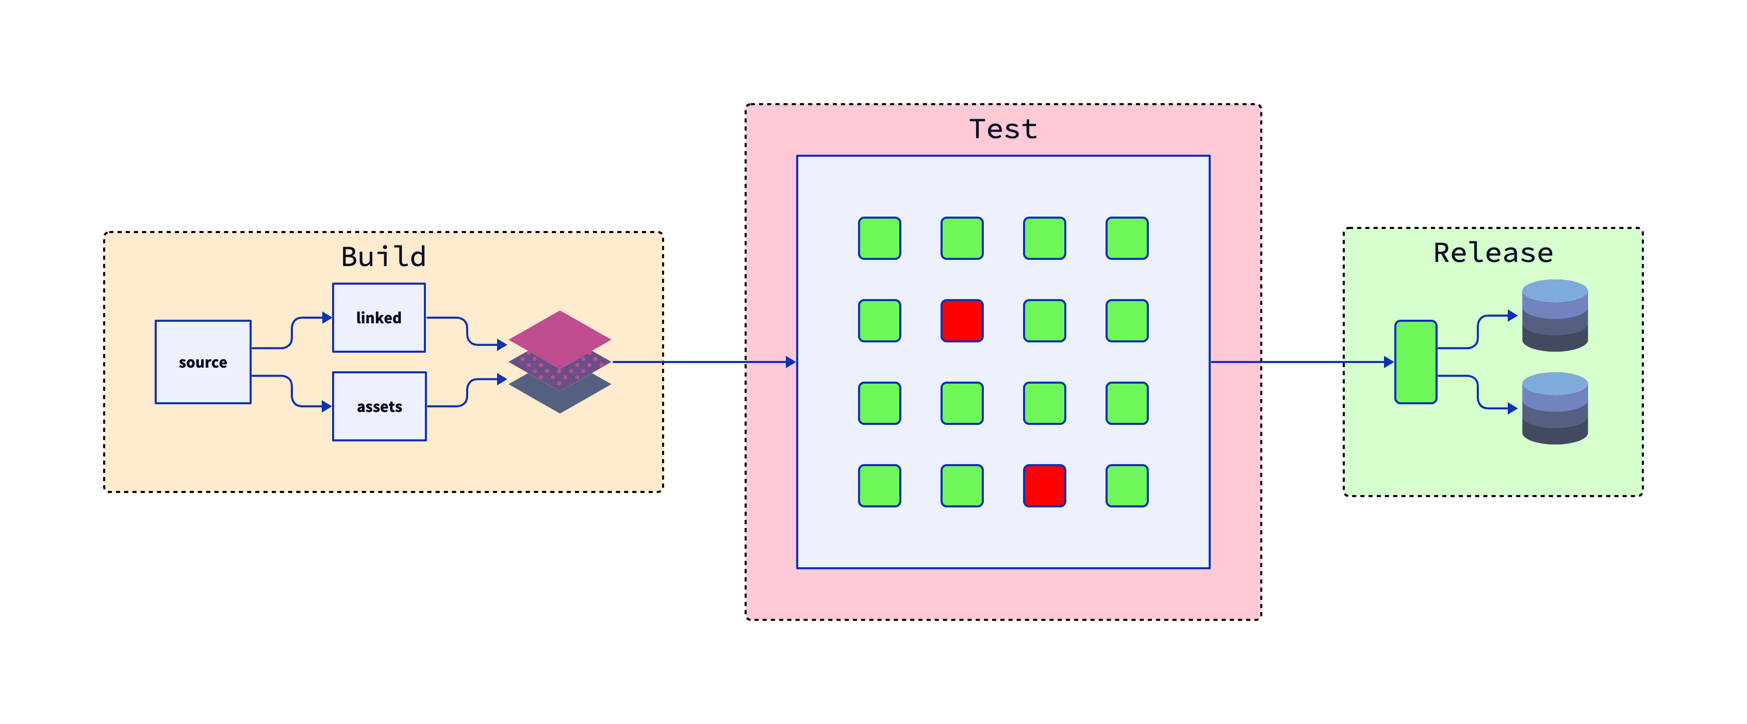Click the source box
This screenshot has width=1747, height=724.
203,362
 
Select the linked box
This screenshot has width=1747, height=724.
378,317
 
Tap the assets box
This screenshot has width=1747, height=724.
379,406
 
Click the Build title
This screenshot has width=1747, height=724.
383,257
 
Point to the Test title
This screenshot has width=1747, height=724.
1003,129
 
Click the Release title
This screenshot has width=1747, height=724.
1493,253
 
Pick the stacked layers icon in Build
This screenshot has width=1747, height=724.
559,362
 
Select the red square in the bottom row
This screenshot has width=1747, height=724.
1044,485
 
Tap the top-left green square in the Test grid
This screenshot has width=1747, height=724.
880,238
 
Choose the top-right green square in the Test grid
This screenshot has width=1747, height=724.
1127,238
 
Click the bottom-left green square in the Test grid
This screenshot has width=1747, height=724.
880,485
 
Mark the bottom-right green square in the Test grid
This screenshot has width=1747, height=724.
1127,485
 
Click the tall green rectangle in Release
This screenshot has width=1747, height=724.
1415,362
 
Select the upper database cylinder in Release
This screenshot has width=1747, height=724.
1554,315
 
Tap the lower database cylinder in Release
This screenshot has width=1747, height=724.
1554,408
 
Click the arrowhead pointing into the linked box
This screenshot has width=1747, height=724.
327,317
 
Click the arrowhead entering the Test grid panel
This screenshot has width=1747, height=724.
791,362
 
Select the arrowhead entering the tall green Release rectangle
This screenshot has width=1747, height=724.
1388,362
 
